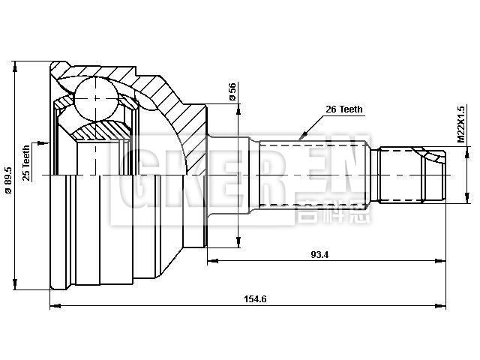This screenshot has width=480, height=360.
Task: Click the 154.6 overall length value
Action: point(255,299)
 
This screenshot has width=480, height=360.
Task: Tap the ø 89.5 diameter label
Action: point(8,179)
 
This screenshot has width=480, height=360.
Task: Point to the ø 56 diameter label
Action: point(232,91)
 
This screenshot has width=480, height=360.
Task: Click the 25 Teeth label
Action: point(27,163)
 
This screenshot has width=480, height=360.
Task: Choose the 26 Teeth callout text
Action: point(343,109)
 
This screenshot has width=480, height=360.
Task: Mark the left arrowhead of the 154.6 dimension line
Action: point(53,306)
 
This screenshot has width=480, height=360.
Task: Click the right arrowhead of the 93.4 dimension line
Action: point(445,261)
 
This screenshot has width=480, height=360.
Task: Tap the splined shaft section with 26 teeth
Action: point(315,174)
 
